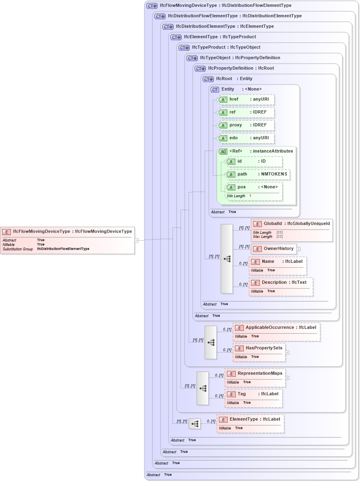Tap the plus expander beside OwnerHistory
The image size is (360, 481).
pos(299,249)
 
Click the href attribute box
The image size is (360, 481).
pos(246,99)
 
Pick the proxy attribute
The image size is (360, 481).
pos(246,125)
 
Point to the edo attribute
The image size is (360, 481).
pos(246,138)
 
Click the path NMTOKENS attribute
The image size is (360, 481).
pos(257,174)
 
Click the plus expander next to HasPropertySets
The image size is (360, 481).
pos(287,352)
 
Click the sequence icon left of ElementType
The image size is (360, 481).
pos(195,424)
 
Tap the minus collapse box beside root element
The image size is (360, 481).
pos(137,241)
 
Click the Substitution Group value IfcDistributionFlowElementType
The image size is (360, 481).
pos(63,249)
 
